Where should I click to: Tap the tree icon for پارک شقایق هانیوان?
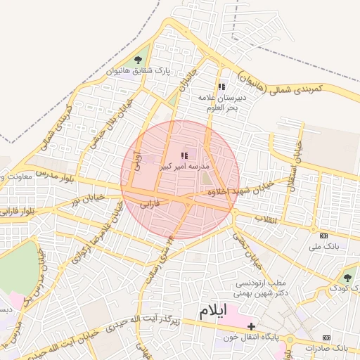[x=137, y=60]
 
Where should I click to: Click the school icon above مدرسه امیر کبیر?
[x=184, y=155]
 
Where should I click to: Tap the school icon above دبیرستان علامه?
[x=221, y=87]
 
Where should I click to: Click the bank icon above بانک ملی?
[x=323, y=236]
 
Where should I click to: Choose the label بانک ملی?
[x=323, y=247]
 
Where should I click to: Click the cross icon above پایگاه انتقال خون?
[x=251, y=326]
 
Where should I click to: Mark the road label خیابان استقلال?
[x=297, y=159]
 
